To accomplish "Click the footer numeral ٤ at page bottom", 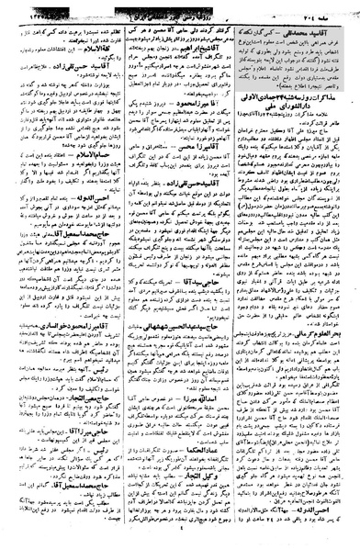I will [x=180, y=540].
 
